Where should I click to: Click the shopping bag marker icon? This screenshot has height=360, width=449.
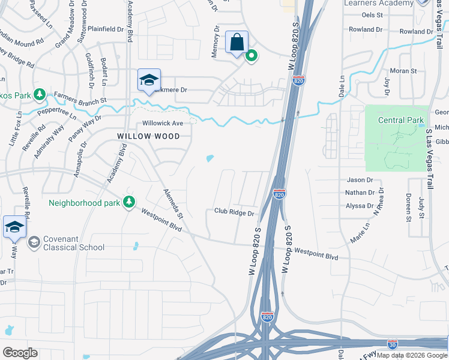(x=237, y=43)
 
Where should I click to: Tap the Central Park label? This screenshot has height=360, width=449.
(x=401, y=120)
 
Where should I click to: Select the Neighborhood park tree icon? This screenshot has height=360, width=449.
(x=128, y=203)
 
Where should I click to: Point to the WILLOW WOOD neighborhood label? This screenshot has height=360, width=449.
(x=148, y=136)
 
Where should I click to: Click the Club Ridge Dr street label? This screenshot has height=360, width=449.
(x=234, y=212)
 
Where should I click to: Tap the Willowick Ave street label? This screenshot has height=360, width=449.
(x=162, y=123)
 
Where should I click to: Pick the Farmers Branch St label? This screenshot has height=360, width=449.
(x=80, y=97)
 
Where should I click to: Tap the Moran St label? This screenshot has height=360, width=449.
(x=403, y=71)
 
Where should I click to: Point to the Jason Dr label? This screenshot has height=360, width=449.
(x=360, y=180)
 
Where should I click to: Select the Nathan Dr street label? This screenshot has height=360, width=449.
(x=360, y=193)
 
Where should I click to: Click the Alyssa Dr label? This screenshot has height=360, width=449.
(x=360, y=205)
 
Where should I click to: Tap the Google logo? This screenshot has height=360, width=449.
(x=20, y=353)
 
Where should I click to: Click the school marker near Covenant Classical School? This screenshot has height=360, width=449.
(x=15, y=227)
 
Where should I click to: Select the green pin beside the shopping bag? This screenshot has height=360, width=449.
(x=252, y=56)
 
